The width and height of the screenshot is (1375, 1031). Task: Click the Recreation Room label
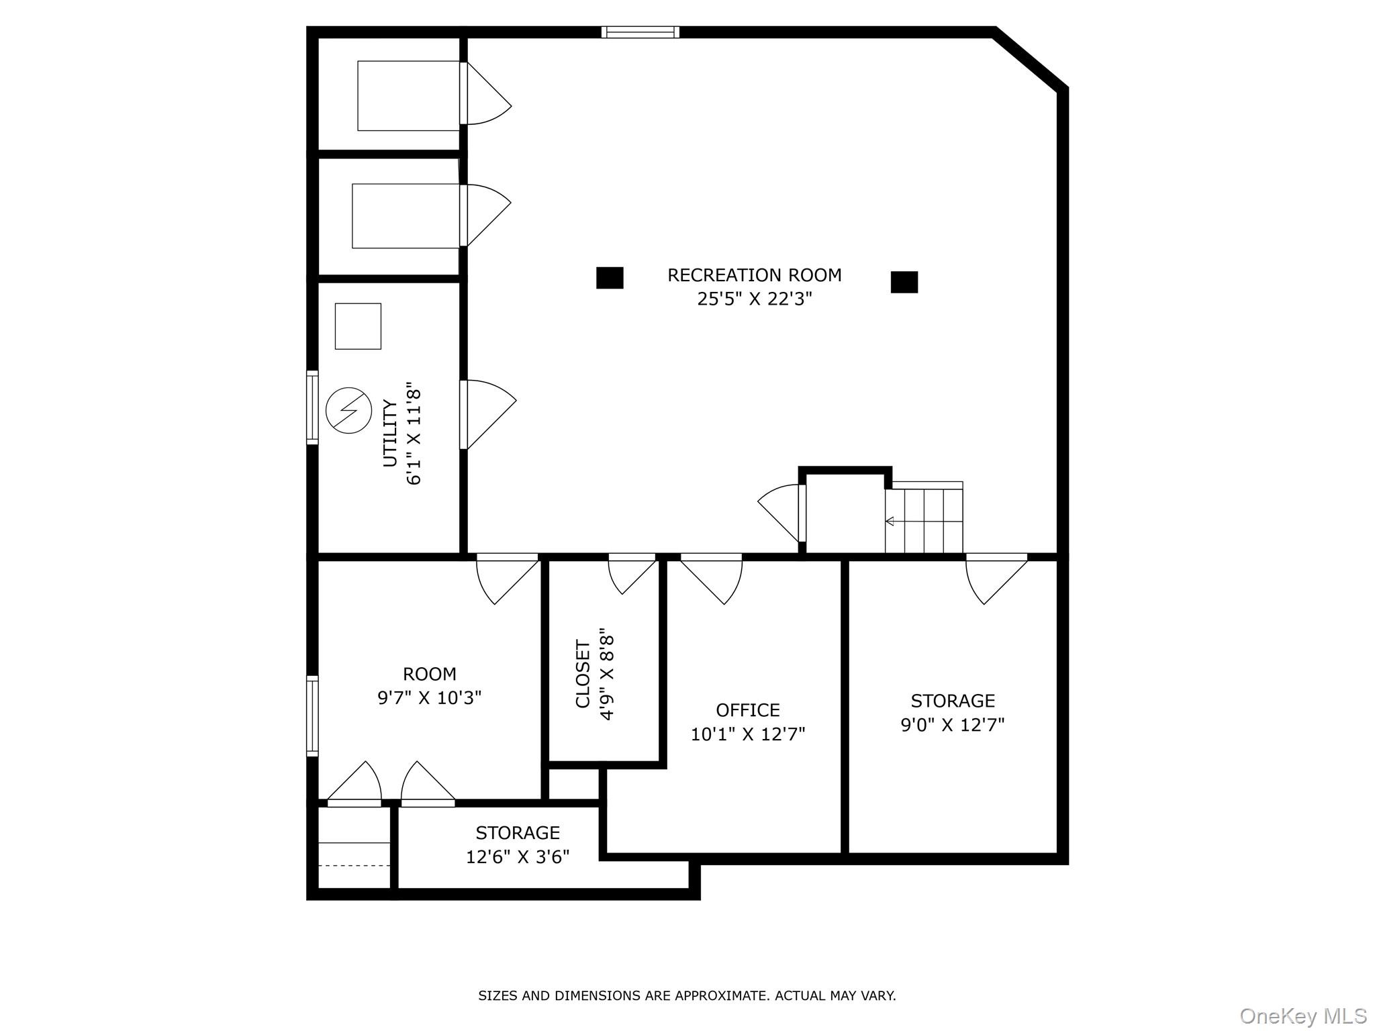(x=754, y=275)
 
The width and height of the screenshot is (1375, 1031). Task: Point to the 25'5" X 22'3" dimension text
(x=754, y=299)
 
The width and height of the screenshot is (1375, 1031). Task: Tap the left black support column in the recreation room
(x=610, y=278)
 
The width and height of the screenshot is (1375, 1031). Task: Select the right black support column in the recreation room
(x=904, y=282)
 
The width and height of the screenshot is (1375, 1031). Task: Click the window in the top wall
(x=640, y=32)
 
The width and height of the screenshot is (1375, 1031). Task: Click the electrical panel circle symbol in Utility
(x=348, y=410)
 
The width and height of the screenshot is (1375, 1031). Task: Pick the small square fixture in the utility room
(x=358, y=326)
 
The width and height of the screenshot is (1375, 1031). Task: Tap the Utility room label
(x=390, y=433)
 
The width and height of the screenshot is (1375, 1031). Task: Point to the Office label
(x=747, y=710)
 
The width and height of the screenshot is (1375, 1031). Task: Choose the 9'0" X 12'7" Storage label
(x=952, y=713)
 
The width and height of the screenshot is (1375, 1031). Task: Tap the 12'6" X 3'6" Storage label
(x=518, y=844)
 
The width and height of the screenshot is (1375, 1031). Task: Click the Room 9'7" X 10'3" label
(x=429, y=686)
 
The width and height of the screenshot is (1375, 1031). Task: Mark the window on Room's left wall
(x=312, y=716)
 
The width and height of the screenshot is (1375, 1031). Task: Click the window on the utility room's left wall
(x=312, y=407)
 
